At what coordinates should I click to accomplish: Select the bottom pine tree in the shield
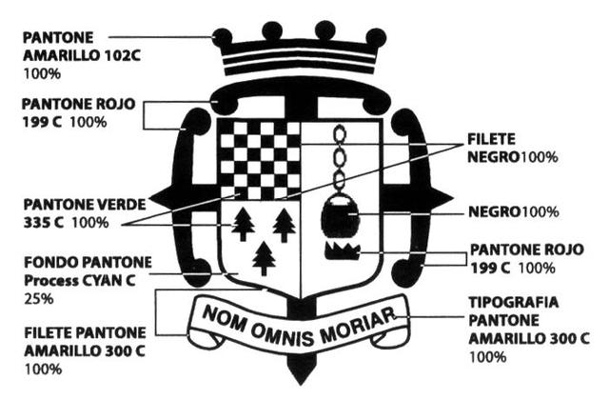point(264,258)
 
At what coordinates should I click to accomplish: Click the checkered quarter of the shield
point(259,157)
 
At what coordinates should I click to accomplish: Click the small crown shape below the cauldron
point(340,251)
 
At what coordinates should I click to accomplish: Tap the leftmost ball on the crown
point(223,38)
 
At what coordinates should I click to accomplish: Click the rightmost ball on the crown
point(377,38)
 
